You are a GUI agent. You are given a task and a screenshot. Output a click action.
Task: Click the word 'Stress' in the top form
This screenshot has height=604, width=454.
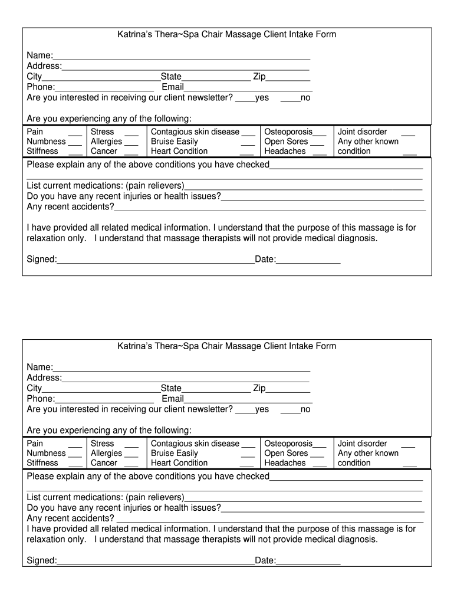coord(103,132)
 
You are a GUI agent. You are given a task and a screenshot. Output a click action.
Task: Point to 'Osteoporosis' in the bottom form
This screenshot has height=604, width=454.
coord(288,444)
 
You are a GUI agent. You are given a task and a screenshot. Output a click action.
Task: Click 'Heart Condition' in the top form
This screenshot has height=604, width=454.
coord(179,151)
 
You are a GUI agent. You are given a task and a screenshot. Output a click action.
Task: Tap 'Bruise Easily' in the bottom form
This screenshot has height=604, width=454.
coord(175,453)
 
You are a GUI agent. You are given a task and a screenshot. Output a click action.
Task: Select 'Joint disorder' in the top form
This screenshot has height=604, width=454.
coord(362,132)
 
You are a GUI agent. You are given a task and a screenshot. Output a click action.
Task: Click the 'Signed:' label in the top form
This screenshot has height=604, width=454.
coord(42,259)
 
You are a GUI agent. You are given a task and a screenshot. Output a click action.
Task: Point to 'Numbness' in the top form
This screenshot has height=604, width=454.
coord(46,142)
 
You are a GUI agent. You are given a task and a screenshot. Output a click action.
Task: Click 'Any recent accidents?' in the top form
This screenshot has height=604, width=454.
coord(71,206)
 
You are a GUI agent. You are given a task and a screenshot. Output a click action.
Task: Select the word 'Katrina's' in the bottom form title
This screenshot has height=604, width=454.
coord(136,346)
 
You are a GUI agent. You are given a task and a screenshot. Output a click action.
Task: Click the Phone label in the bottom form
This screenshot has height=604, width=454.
coord(41,399)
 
